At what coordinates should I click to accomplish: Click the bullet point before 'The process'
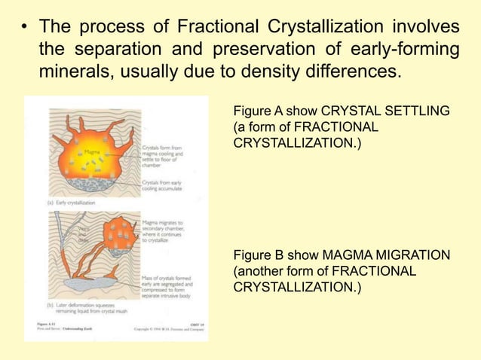point(25,29)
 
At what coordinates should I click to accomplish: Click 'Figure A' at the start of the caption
point(259,111)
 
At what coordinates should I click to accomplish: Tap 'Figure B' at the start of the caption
point(259,258)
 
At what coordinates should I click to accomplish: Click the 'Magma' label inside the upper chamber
point(92,152)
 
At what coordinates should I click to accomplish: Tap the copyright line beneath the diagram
point(170,329)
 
